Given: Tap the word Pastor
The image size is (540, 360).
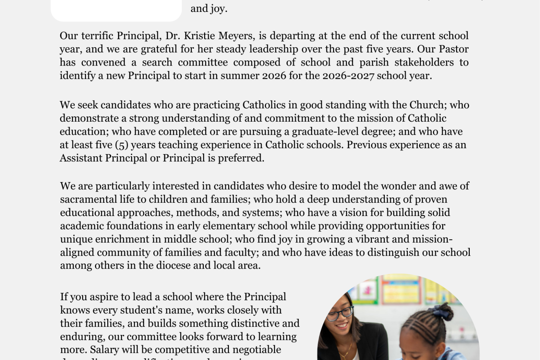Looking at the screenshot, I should point(453,49).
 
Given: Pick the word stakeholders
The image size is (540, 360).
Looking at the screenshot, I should point(424,62).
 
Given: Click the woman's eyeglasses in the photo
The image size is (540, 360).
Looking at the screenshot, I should point(339,314).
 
